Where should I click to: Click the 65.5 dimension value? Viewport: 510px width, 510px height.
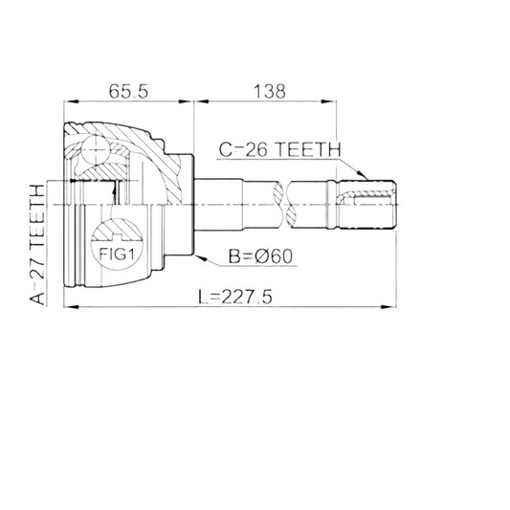[x=128, y=91]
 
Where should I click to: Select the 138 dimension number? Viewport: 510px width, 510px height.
[x=270, y=92]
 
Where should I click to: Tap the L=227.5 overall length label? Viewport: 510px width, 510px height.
[x=235, y=297]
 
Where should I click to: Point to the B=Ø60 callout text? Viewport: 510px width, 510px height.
[x=260, y=256]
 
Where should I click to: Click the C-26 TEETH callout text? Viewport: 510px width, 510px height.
[x=279, y=149]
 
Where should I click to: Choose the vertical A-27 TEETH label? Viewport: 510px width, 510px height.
[x=37, y=245]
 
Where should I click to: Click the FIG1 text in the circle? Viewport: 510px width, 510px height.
[x=117, y=254]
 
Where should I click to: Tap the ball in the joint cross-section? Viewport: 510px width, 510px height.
[x=95, y=149]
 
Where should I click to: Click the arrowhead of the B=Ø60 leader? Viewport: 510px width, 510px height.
[x=201, y=258]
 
